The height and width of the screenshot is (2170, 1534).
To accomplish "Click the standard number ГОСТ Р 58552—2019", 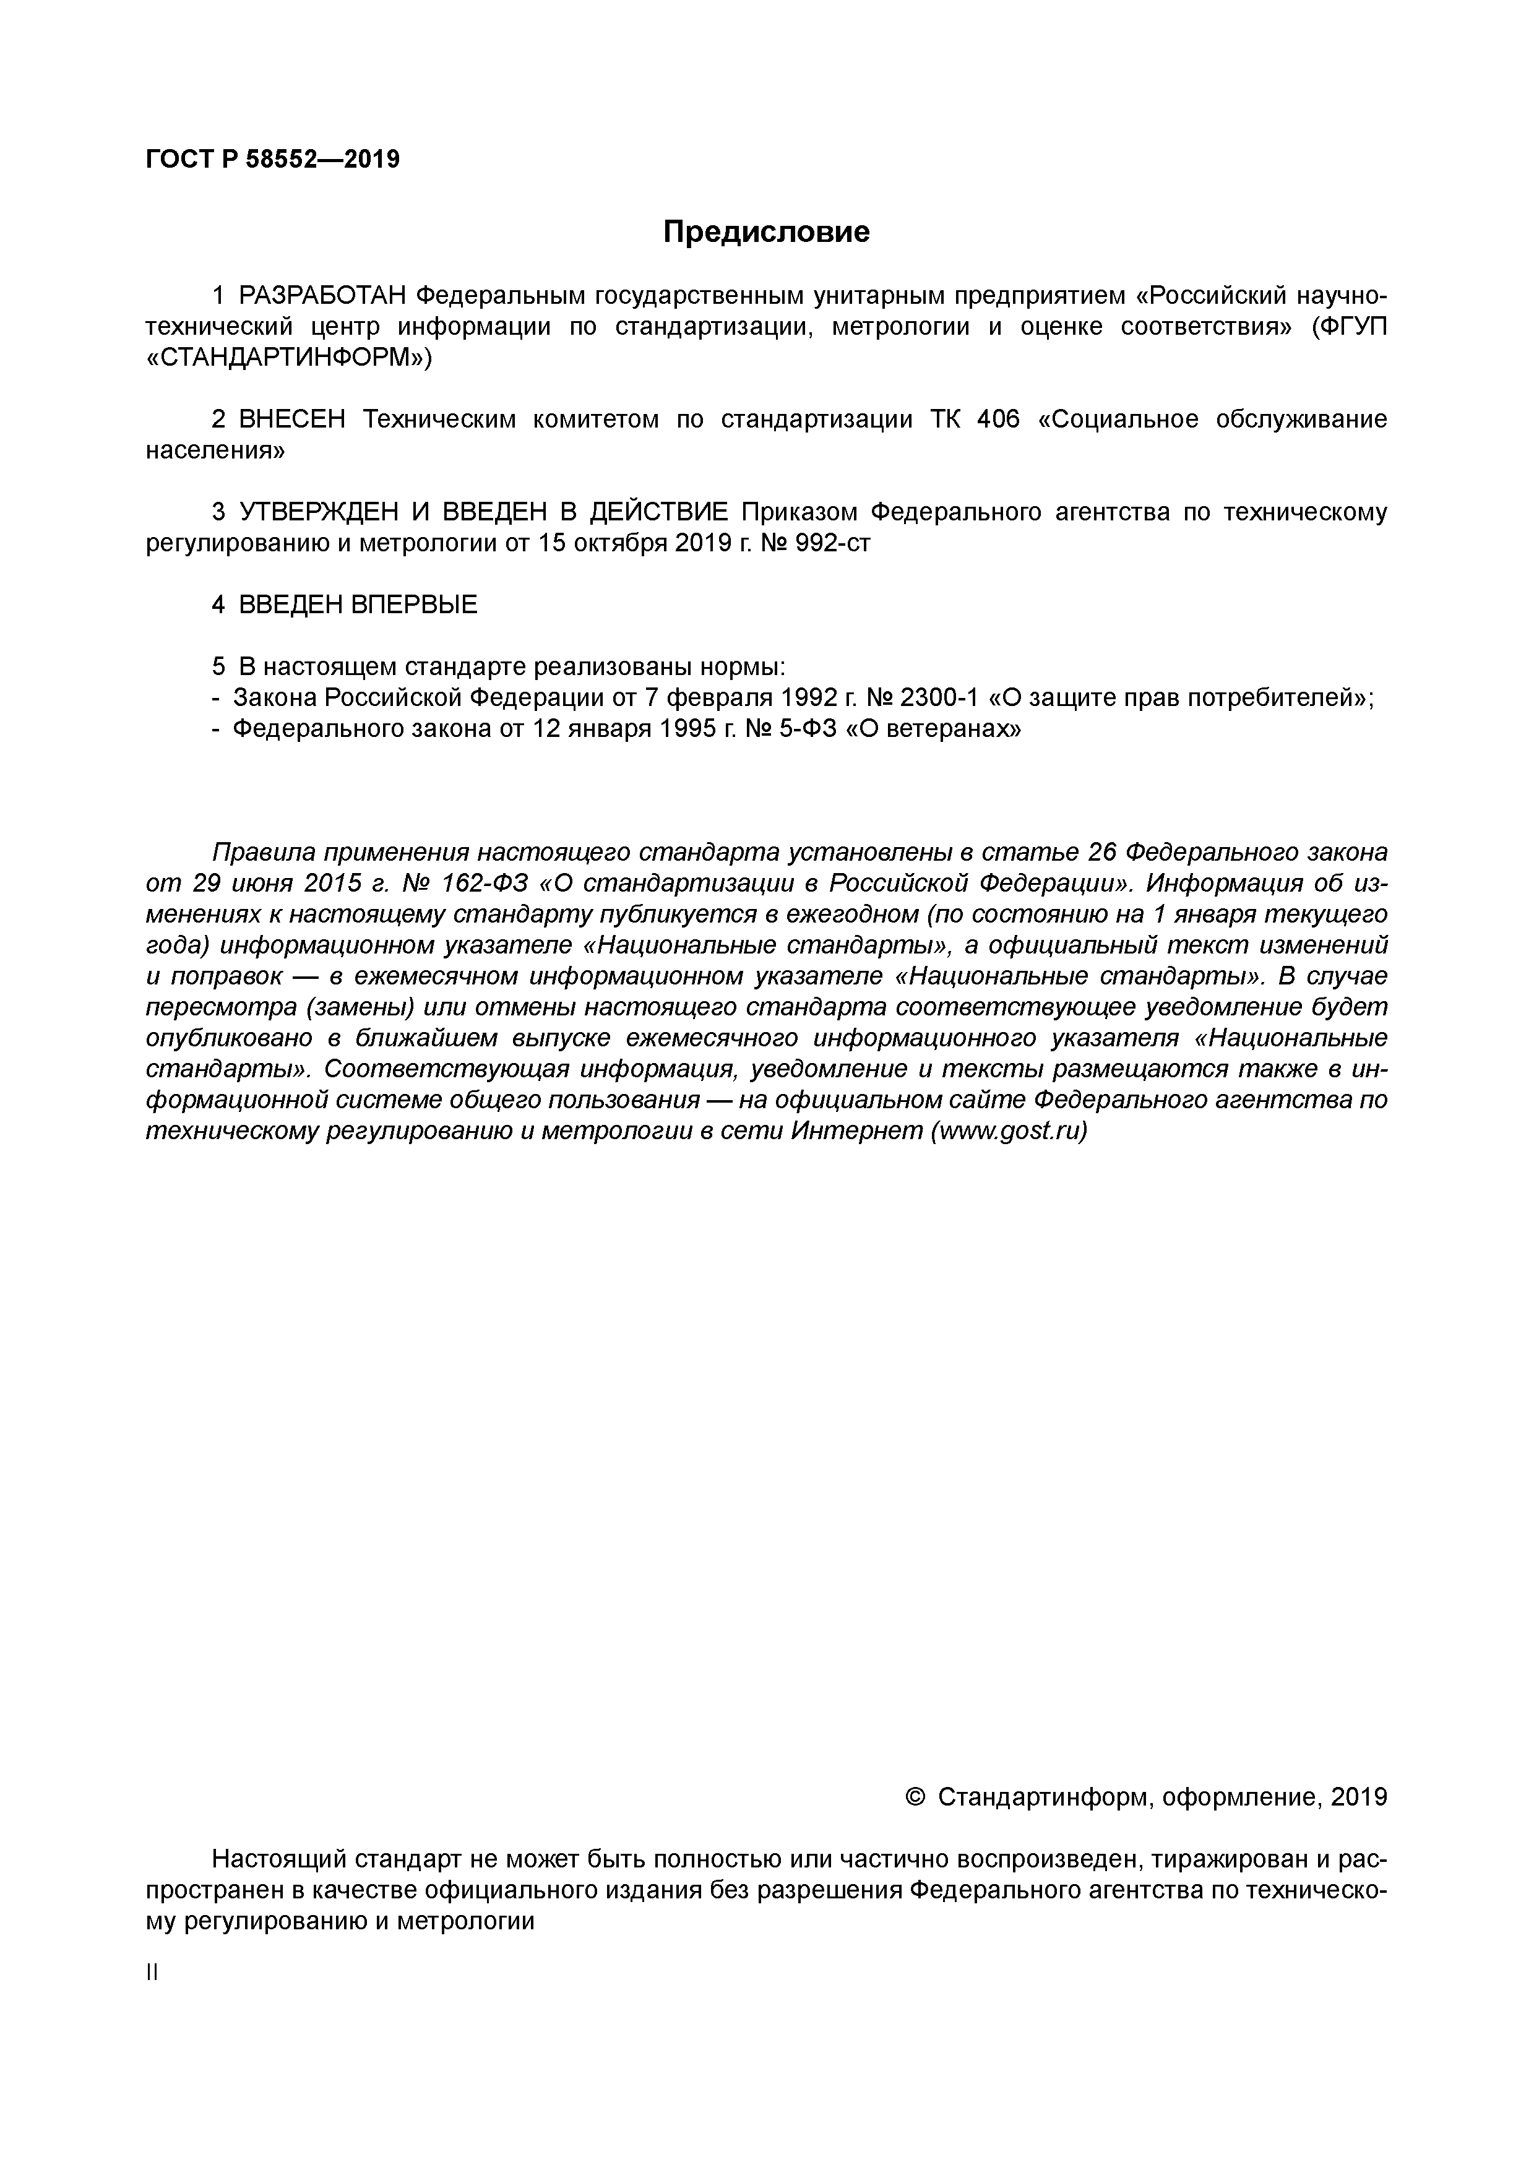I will (273, 159).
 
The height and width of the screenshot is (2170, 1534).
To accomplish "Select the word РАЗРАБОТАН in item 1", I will (322, 296).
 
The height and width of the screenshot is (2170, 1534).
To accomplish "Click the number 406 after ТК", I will (998, 420).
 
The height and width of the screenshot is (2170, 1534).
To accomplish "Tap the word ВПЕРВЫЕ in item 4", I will (414, 605).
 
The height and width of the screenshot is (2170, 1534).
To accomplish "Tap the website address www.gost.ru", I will (1009, 1131).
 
